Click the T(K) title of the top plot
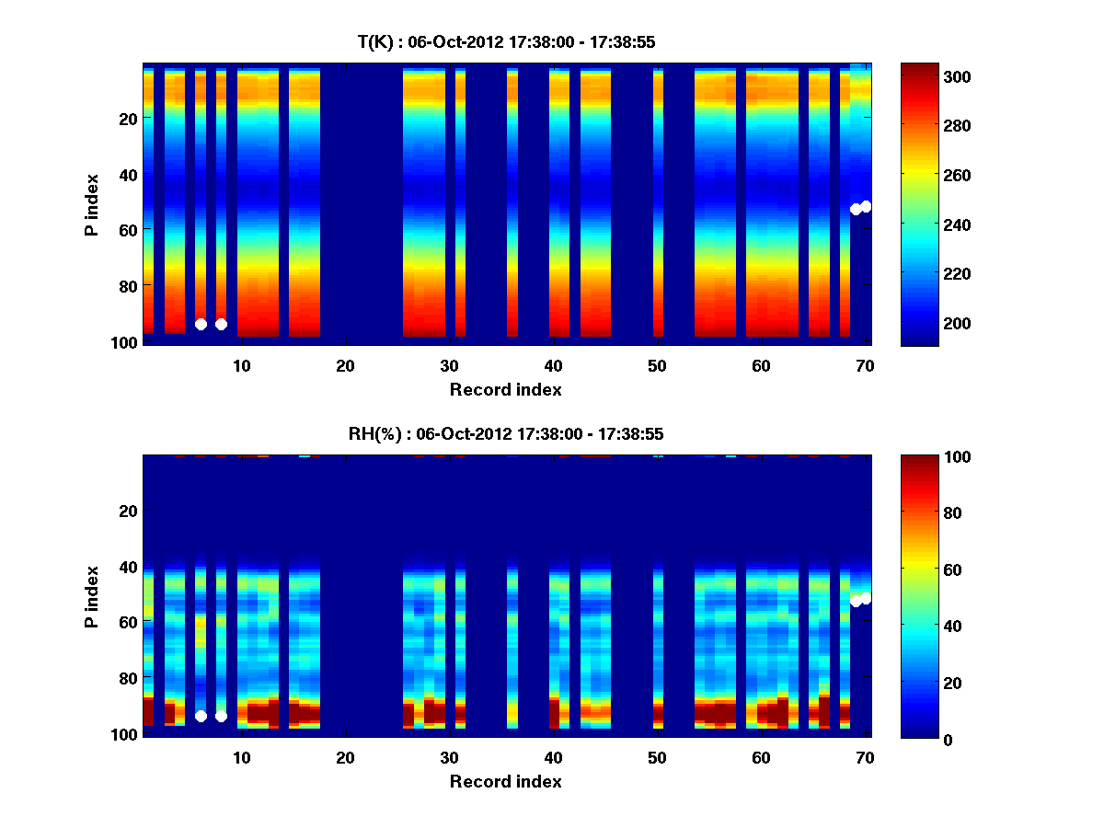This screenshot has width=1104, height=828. point(506,41)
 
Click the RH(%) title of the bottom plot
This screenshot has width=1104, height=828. point(506,433)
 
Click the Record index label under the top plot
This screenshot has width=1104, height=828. point(506,389)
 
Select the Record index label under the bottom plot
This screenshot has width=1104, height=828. point(506,781)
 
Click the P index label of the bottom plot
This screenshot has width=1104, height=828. point(92,595)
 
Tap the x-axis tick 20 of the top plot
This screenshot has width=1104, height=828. point(346,365)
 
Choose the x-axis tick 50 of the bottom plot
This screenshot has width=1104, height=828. point(657,757)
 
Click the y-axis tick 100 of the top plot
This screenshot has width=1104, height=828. point(126,342)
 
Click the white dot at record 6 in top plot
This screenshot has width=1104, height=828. point(201,324)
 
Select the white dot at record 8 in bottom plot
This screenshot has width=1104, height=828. point(221,716)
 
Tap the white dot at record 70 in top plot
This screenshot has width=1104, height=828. point(866,206)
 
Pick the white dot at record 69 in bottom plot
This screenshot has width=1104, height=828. point(856,601)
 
